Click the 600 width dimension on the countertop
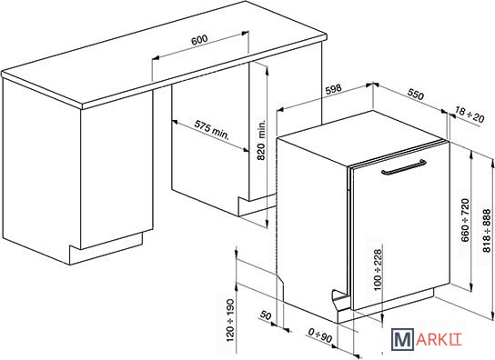tap(199, 39)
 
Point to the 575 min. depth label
tap(211, 129)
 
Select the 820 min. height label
tap(261, 140)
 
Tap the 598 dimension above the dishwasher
tap(333, 89)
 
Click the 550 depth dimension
tap(416, 94)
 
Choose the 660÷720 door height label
tap(465, 220)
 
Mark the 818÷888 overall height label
tap(487, 230)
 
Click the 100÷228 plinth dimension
tap(378, 270)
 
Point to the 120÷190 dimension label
tap(230, 320)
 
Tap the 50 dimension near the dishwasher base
tap(266, 315)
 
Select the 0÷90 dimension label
tap(320, 335)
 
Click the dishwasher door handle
tap(404, 167)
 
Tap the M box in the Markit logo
tap(402, 339)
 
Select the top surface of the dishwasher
tap(363, 137)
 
